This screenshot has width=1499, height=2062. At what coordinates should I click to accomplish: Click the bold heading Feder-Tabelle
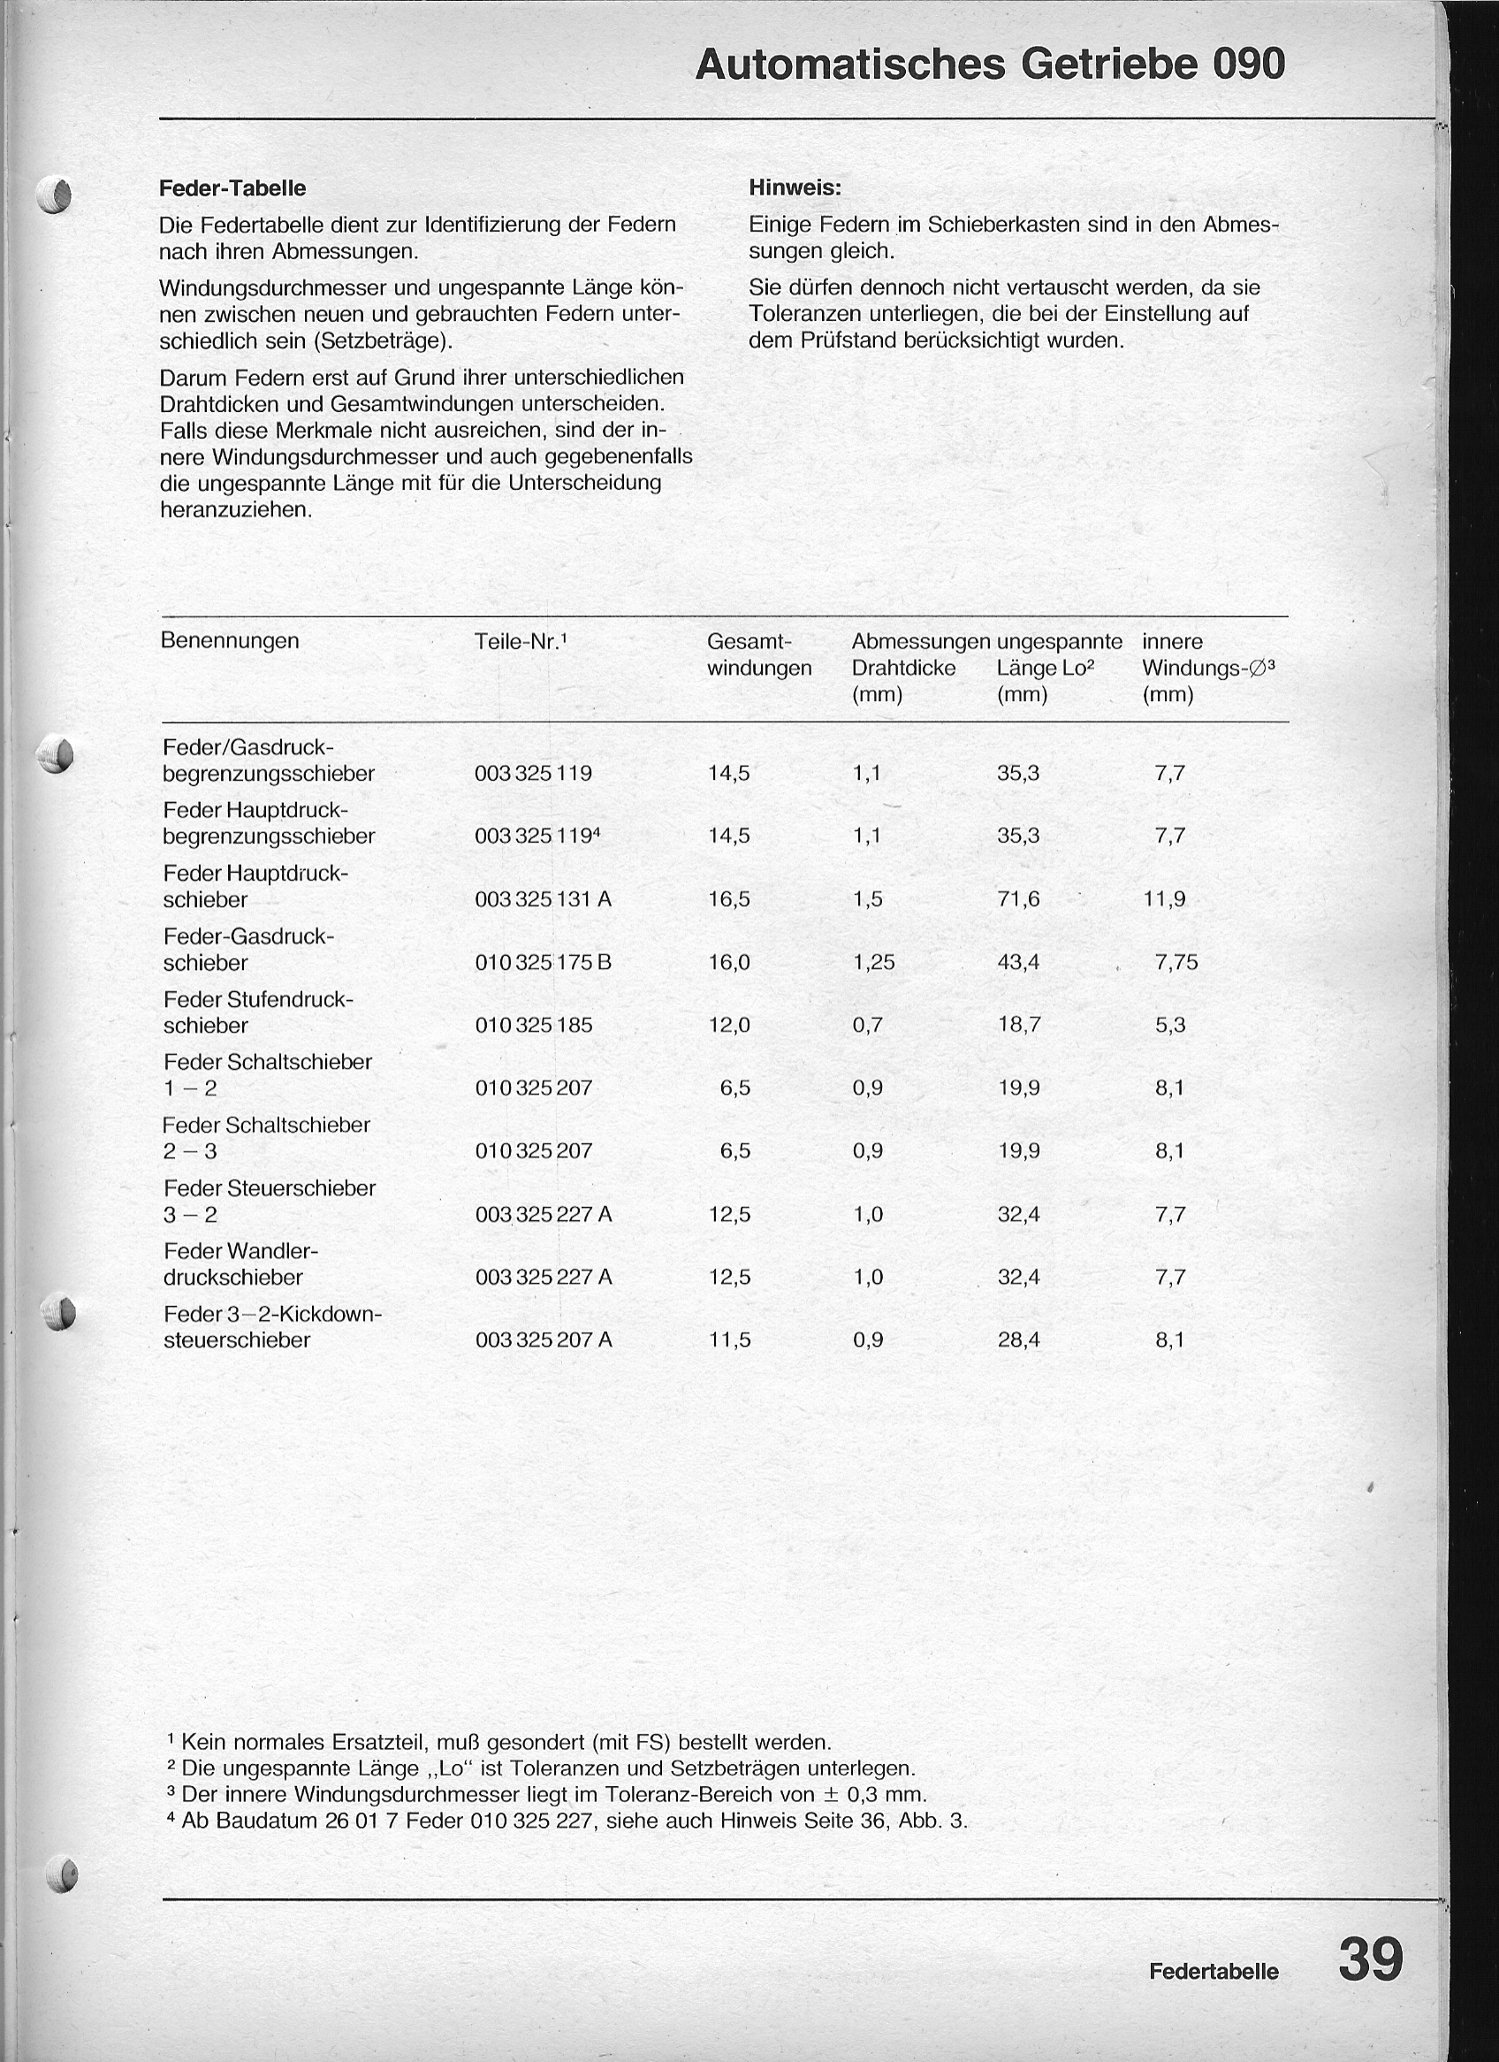point(232,188)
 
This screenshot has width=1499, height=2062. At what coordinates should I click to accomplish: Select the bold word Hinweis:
point(795,188)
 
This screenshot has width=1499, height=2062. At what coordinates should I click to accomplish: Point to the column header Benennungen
point(229,640)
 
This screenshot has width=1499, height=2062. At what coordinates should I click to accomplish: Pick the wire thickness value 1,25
point(873,962)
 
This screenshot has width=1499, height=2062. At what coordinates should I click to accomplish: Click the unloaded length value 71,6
point(1018,899)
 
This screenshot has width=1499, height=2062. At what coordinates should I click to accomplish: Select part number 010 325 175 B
point(543,962)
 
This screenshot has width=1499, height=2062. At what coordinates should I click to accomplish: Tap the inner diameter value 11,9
point(1165,899)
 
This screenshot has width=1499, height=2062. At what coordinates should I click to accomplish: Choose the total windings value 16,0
point(729,962)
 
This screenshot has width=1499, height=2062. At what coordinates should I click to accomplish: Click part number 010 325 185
point(534,1025)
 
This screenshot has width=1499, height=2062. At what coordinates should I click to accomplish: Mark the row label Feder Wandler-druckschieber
point(241,1264)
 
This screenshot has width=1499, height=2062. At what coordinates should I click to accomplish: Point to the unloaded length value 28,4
point(1018,1340)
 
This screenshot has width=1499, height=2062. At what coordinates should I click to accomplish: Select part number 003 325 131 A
point(543,899)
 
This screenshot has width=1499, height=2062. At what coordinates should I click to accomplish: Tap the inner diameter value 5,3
point(1170,1025)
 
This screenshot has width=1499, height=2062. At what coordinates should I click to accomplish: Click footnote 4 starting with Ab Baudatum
point(568,1821)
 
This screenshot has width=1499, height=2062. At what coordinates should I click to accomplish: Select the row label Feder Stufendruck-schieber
point(257,1012)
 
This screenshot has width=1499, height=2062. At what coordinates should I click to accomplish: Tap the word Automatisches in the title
point(850,65)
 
